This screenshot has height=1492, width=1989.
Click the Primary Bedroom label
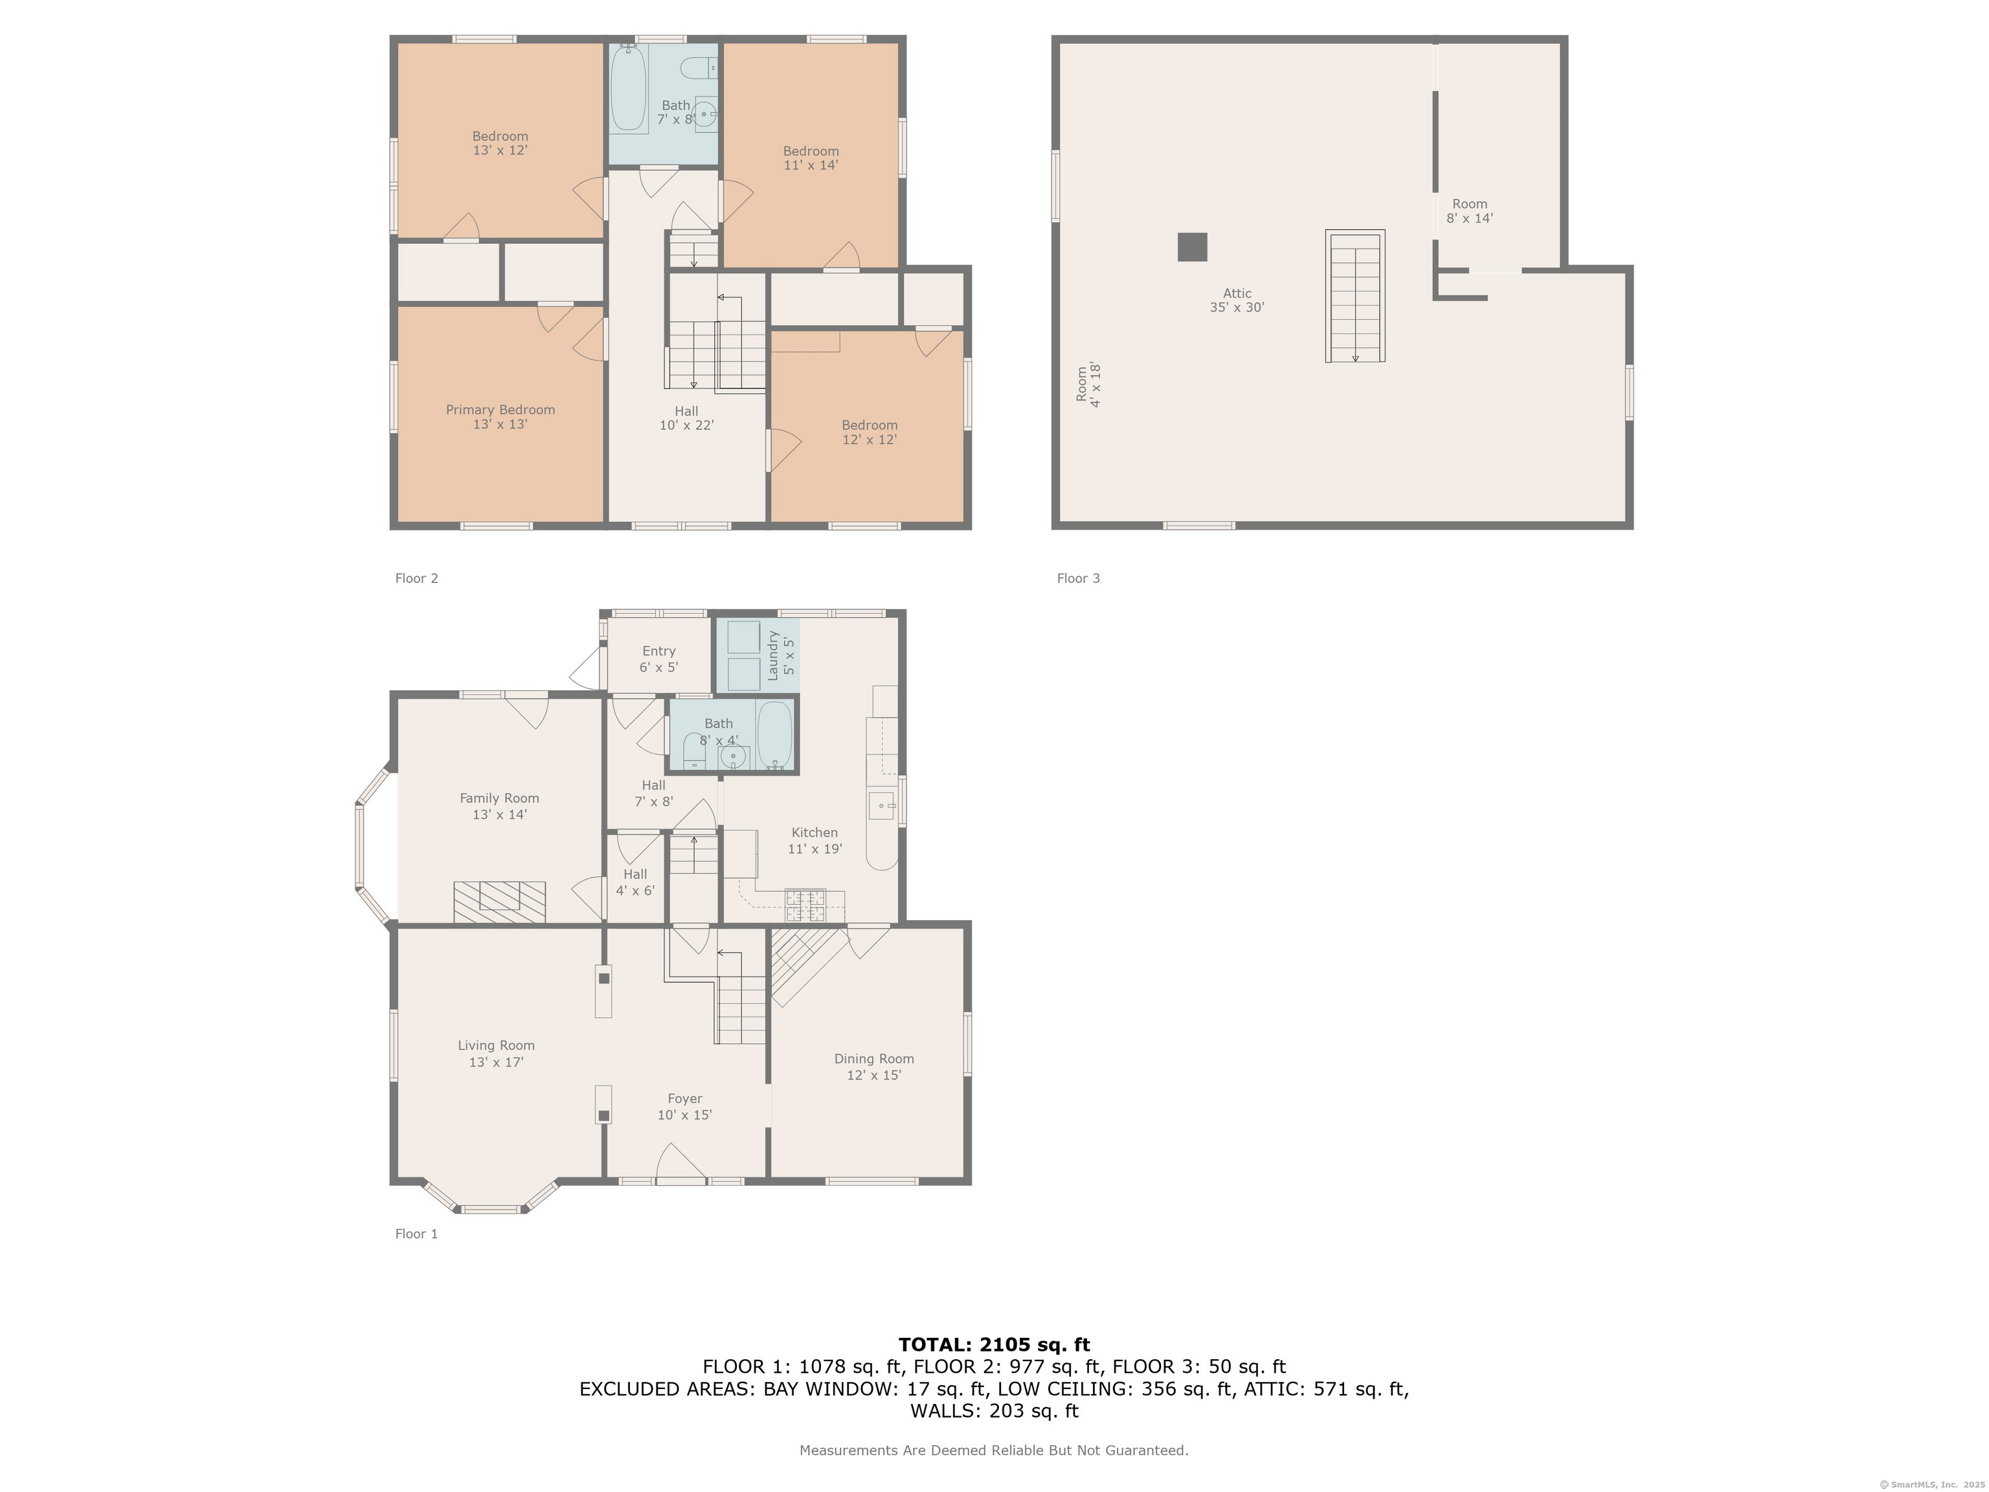click(500, 416)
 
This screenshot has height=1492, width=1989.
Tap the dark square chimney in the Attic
click(1193, 247)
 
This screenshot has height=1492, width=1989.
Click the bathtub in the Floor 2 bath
click(629, 88)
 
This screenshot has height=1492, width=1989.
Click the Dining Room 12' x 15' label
click(873, 1067)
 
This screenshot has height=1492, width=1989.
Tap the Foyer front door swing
click(680, 1161)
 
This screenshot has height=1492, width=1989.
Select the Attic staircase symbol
click(1355, 296)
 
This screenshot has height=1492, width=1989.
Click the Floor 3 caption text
click(1078, 578)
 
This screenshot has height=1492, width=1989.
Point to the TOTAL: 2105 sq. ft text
click(994, 1344)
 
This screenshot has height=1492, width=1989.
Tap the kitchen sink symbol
click(881, 806)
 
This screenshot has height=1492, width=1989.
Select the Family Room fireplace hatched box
click(499, 902)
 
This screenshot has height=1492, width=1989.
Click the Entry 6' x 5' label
click(658, 659)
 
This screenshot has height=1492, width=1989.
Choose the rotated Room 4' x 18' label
click(1088, 385)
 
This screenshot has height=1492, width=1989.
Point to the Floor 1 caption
click(416, 1234)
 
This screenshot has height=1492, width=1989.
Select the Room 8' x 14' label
click(1469, 211)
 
